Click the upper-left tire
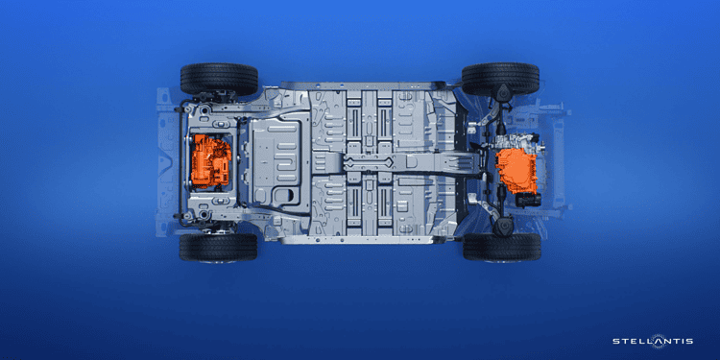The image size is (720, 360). click(x=219, y=79)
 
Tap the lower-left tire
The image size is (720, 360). click(x=218, y=247)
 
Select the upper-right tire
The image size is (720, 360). click(x=500, y=79)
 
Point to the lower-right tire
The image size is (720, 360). click(x=502, y=247)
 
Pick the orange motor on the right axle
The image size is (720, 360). click(x=517, y=169)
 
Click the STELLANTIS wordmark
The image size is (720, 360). click(x=653, y=341)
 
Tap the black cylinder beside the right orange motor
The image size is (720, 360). click(x=528, y=201)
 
